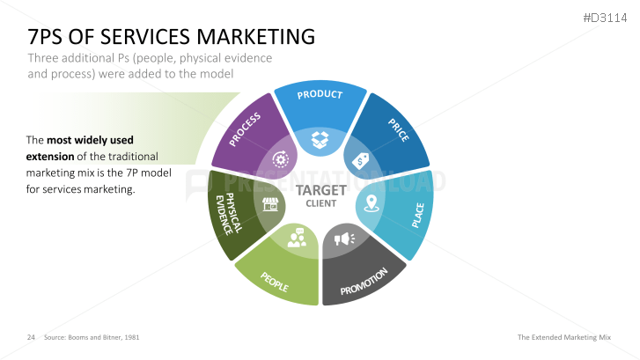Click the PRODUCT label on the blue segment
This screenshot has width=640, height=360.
319,94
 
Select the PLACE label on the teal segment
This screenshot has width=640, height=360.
417,216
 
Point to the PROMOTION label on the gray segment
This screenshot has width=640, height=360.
364,280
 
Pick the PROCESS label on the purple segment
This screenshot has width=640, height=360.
246,129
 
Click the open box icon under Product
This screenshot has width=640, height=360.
319,138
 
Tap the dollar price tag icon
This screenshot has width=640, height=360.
361,161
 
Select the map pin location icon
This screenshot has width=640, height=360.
371,204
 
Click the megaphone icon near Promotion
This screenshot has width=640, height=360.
343,238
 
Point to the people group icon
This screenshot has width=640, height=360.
296,238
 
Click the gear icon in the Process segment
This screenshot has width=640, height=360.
281,159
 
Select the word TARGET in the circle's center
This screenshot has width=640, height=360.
320,189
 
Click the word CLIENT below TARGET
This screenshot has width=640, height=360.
320,203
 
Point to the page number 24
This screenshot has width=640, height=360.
31,337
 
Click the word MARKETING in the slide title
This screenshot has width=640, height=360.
253,36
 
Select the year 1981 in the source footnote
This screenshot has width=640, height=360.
130,337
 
